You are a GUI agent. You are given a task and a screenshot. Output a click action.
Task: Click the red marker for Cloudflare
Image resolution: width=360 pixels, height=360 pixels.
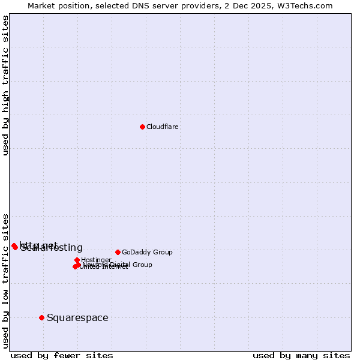tap(142, 127)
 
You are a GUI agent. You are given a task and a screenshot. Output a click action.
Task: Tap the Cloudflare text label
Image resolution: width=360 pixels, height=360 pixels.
tap(163, 127)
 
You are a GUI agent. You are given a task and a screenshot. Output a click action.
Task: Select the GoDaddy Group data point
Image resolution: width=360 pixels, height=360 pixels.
tap(118, 252)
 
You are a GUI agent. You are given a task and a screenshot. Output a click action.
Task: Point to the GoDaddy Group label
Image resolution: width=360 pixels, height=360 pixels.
tap(147, 252)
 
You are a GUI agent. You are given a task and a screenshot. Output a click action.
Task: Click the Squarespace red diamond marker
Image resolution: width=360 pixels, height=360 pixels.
tap(41, 317)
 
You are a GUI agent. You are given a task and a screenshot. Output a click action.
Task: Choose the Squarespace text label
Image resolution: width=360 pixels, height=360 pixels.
tap(77, 317)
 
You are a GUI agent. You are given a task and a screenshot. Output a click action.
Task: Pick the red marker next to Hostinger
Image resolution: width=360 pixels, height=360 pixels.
tap(77, 260)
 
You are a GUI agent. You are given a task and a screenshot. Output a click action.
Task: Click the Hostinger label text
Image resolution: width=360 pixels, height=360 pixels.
tap(97, 260)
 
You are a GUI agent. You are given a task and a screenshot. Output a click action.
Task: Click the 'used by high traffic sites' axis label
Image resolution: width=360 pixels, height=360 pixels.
tap(5, 85)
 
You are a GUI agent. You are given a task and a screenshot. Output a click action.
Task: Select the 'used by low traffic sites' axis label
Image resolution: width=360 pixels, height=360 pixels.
tap(5, 281)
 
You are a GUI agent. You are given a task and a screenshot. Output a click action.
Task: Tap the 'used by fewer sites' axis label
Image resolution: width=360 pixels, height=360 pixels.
tap(62, 355)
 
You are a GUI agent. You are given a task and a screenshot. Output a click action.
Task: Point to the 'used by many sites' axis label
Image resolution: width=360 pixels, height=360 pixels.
tap(301, 355)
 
